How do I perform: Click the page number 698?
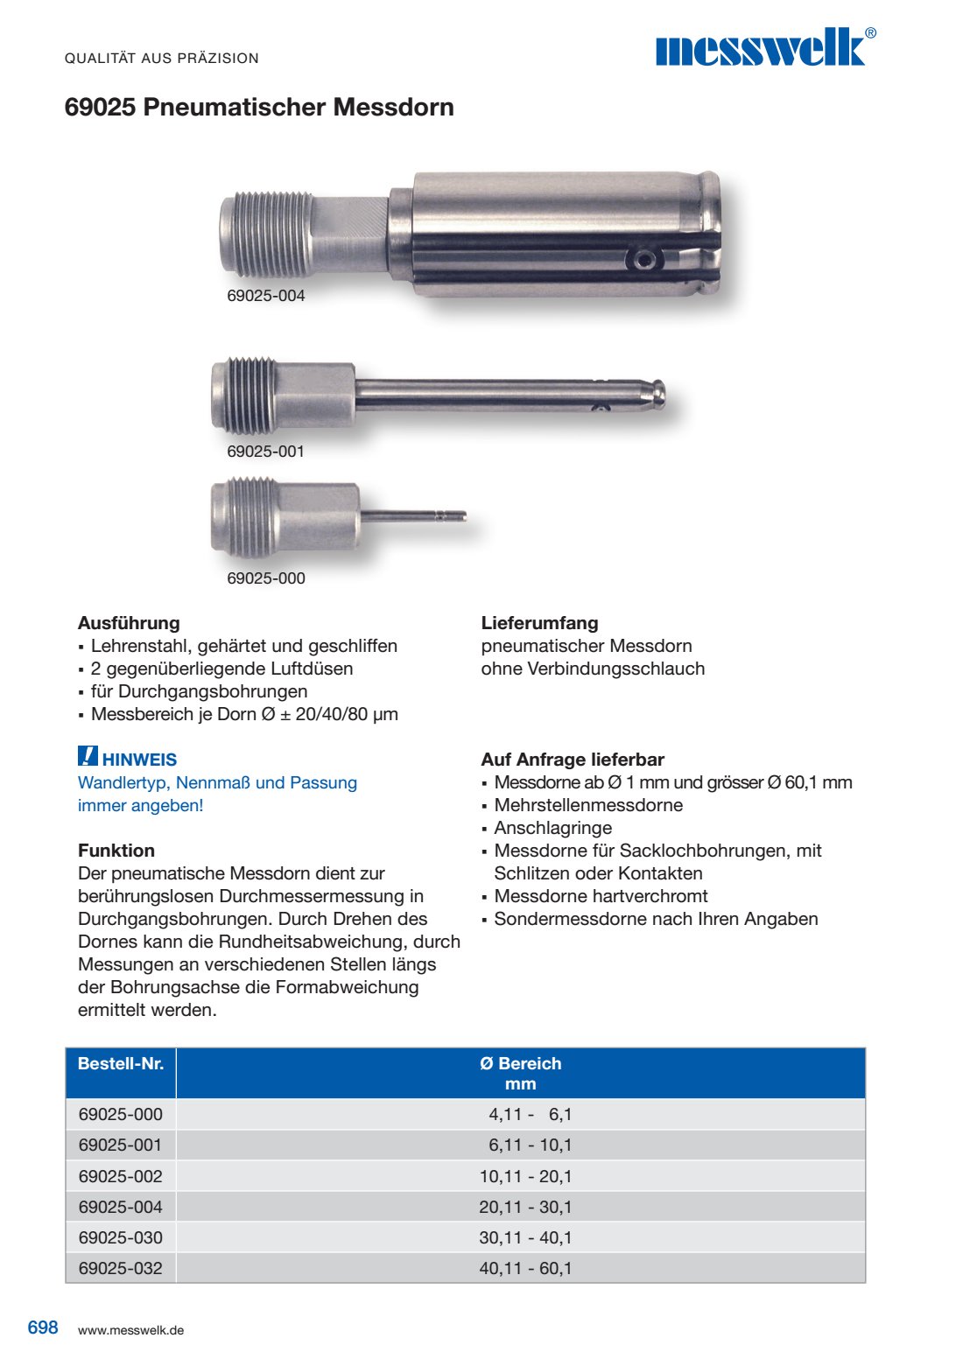tap(43, 1327)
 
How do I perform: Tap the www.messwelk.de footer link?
tap(130, 1330)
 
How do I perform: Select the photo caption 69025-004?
tap(266, 296)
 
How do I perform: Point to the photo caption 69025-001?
tap(266, 452)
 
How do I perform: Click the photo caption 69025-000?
tap(266, 578)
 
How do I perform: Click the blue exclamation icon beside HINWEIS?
tap(88, 757)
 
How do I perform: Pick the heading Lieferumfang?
tap(539, 623)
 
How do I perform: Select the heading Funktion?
tap(116, 851)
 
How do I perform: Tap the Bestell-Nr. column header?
tap(121, 1064)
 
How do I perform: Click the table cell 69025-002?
tap(121, 1176)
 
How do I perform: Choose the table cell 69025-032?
tap(121, 1268)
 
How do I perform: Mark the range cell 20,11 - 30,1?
tap(525, 1207)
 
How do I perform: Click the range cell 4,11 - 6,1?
tap(530, 1114)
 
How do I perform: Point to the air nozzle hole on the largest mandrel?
tap(643, 259)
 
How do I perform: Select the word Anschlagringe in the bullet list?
tap(553, 828)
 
